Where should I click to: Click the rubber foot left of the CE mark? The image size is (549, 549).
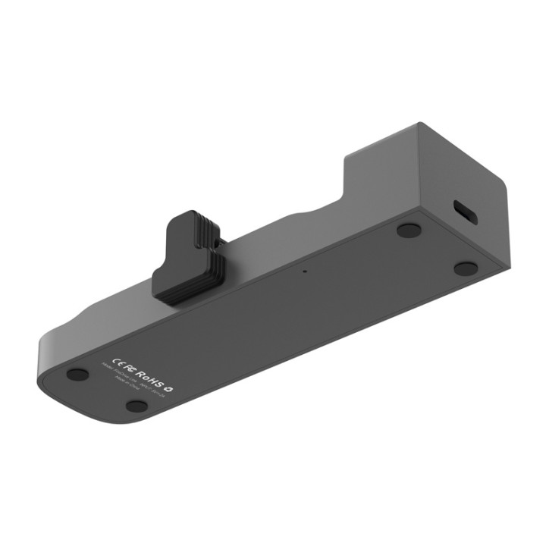pyautogui.click(x=77, y=374)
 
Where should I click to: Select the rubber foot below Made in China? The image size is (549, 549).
pyautogui.click(x=136, y=406)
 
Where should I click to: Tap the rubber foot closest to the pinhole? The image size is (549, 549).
pyautogui.click(x=409, y=229)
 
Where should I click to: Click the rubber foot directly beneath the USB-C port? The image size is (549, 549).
pyautogui.click(x=466, y=268)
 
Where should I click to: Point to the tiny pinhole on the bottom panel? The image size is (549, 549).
pyautogui.click(x=305, y=270)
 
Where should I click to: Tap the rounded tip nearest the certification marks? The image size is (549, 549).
pyautogui.click(x=53, y=356)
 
